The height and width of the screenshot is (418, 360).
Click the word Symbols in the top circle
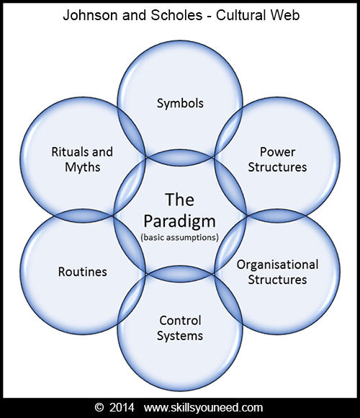point(180,103)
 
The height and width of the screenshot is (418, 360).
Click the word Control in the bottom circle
point(180,320)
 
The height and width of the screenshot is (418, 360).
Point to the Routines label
point(82,272)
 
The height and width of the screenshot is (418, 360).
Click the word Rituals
point(72,152)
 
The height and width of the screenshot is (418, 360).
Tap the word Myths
point(82,167)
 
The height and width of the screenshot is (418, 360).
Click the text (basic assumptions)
point(180,237)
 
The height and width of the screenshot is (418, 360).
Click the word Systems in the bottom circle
point(180,335)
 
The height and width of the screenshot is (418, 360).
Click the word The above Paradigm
point(180,198)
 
